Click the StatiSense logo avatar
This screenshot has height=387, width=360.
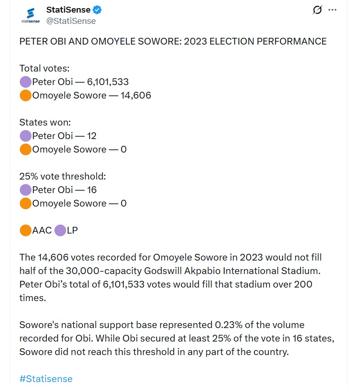pos(31,15)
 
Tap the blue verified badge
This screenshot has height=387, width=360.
pos(98,9)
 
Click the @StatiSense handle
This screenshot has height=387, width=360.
pos(71,21)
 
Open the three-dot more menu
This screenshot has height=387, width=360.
pos(333,10)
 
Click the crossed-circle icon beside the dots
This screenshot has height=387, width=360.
pos(317,10)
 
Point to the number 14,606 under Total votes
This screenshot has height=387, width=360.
pos(136,95)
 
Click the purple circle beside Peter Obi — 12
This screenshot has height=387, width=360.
pos(26,136)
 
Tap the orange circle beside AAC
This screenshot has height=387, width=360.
pos(26,230)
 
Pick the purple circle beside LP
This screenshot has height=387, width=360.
pos(60,230)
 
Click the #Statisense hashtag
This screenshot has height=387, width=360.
pos(46,378)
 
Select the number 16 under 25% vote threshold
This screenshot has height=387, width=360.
pos(92,190)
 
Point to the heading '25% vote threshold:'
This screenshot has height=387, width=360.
pos(63,176)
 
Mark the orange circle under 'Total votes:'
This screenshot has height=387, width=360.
pos(26,95)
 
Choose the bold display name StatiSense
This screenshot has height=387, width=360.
pos(68,9)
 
